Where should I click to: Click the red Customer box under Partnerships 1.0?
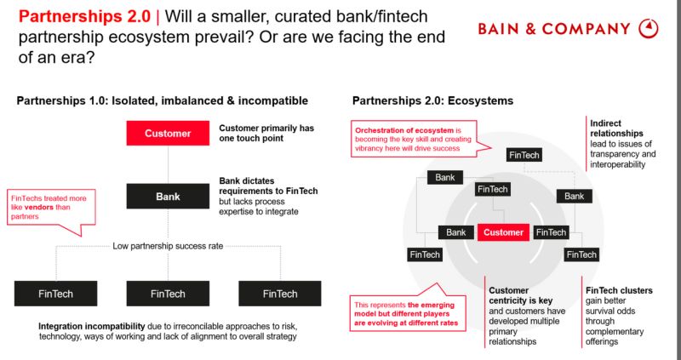coord(168,134)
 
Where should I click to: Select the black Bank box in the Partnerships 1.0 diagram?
coord(168,197)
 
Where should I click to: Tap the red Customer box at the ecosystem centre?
coord(503,232)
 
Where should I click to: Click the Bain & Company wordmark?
coord(554,29)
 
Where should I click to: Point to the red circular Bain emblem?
coord(649,29)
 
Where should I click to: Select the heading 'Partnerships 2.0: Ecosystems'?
coord(432,100)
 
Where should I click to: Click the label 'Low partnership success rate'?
coord(168,247)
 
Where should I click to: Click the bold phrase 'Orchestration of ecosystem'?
coord(404,129)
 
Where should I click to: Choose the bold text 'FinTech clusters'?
coord(619,290)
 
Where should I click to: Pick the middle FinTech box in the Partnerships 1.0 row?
coord(168,294)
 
